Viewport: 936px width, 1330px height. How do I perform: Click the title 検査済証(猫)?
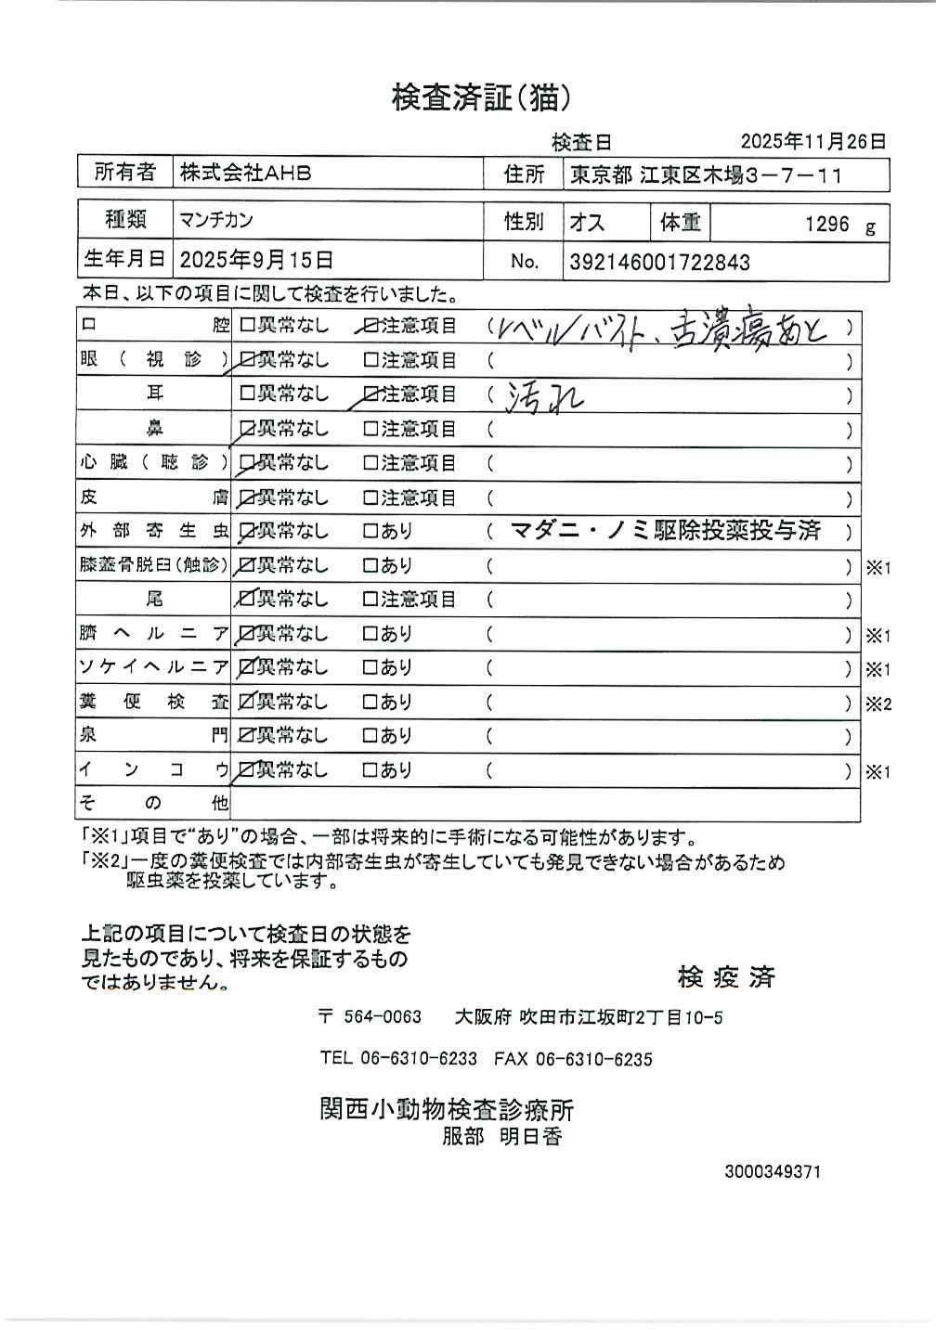(x=480, y=97)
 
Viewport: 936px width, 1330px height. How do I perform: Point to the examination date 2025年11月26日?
(x=812, y=141)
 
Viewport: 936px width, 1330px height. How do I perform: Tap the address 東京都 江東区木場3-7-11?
(x=706, y=174)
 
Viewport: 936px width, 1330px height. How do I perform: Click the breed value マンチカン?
(x=216, y=221)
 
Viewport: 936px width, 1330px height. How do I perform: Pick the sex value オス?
(x=587, y=223)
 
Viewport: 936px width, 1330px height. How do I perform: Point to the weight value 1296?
(x=826, y=225)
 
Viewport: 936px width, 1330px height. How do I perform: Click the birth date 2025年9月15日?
(x=256, y=260)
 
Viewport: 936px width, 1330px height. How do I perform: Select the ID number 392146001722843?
(x=659, y=262)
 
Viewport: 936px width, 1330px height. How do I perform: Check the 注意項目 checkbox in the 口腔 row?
(x=370, y=327)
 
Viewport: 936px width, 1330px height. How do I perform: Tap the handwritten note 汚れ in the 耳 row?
(x=544, y=397)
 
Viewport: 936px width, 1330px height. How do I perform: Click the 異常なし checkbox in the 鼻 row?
(x=247, y=429)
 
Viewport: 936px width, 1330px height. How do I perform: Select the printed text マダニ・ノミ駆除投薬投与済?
(x=665, y=530)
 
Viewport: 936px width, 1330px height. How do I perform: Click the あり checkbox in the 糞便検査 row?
(x=370, y=703)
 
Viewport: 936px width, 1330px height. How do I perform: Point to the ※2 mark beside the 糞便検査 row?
(x=878, y=704)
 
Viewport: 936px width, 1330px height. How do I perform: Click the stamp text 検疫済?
(x=725, y=976)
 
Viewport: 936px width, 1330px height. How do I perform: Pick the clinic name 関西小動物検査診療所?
(x=447, y=1108)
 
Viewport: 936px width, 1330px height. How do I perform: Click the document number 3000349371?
(x=773, y=1172)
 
